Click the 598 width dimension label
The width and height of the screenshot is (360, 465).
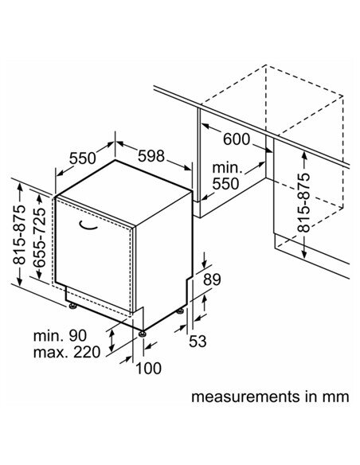[151, 156]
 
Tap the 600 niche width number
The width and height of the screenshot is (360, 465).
[237, 139]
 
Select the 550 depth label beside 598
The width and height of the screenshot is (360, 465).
[83, 158]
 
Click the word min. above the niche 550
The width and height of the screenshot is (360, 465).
[228, 168]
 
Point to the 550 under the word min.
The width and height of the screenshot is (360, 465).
[225, 184]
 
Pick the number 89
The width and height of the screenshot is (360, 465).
[212, 279]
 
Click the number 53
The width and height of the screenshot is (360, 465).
[198, 341]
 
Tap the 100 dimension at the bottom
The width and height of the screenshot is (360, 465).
[149, 369]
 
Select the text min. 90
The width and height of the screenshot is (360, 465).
[61, 336]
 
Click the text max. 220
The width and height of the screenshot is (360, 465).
[67, 352]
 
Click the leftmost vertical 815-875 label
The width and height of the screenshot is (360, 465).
[19, 234]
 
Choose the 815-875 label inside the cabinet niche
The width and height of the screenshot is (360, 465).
[303, 202]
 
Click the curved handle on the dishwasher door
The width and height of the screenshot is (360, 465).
[88, 226]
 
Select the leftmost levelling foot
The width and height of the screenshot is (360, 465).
[72, 306]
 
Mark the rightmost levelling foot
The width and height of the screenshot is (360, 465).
[180, 311]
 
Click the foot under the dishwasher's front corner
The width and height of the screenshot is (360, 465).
[143, 334]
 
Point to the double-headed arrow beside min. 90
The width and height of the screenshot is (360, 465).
[112, 341]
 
